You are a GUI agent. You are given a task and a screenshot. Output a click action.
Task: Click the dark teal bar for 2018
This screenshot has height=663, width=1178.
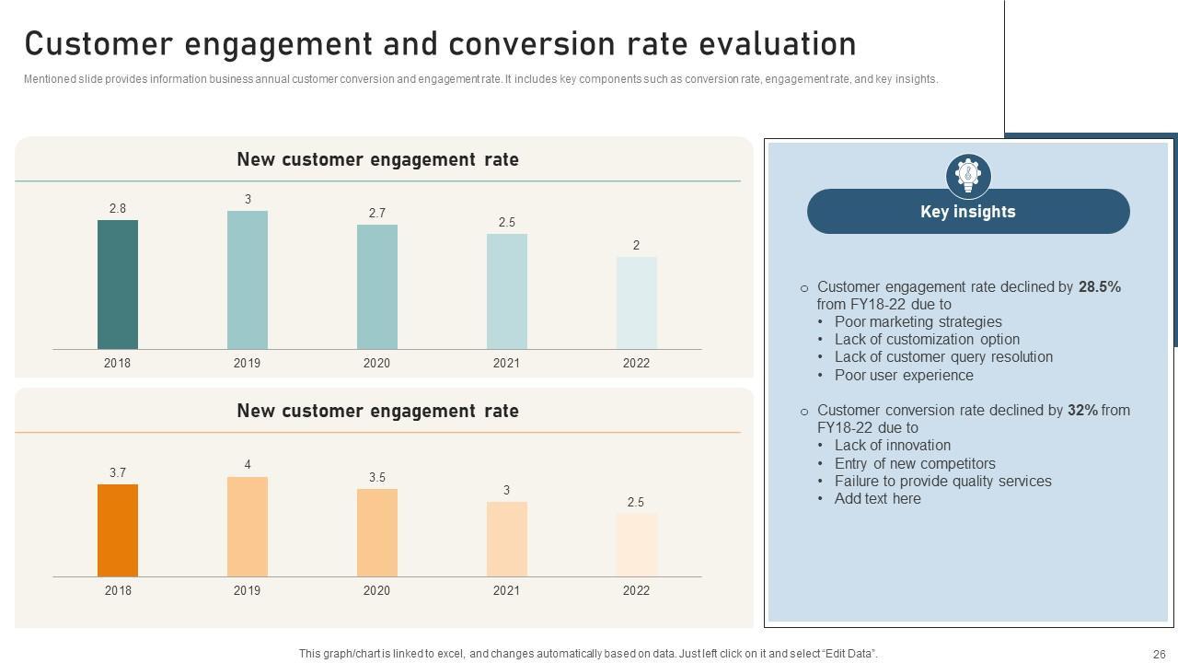click(x=118, y=285)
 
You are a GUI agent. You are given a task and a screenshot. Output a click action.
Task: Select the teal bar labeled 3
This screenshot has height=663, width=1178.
click(x=248, y=280)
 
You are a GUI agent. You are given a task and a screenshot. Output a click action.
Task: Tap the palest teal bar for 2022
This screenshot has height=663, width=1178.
click(x=636, y=303)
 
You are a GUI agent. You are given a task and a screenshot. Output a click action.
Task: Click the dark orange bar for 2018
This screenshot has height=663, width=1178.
click(x=118, y=530)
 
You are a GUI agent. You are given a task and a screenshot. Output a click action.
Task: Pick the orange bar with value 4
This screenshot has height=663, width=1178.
click(x=248, y=527)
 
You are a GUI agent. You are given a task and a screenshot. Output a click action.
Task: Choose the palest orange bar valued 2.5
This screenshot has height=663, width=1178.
click(x=636, y=545)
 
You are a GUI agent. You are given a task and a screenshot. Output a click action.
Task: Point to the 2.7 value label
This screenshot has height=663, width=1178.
click(x=377, y=213)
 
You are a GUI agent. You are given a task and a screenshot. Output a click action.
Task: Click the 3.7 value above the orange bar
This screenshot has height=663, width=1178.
click(x=118, y=472)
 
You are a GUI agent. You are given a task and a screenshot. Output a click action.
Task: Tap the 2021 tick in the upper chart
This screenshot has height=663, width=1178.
click(x=506, y=363)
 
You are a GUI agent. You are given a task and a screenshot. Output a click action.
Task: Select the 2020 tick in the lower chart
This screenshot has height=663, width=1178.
click(x=377, y=590)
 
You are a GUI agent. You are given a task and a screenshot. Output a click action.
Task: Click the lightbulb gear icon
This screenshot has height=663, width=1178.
click(x=968, y=174)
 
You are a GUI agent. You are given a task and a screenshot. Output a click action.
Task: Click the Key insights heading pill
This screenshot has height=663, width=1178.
click(x=968, y=212)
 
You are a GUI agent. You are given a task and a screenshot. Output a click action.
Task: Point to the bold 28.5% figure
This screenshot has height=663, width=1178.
click(x=1100, y=286)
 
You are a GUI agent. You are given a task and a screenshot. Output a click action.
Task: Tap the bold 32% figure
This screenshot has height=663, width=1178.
click(x=1082, y=410)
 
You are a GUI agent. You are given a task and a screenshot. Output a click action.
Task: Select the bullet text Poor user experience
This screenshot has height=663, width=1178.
click(x=904, y=375)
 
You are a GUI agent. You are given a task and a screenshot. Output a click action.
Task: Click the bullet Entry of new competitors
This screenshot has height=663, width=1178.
click(x=915, y=463)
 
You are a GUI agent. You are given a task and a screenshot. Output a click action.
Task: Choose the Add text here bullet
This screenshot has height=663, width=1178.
click(x=877, y=498)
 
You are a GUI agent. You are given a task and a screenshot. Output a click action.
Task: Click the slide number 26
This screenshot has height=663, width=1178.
click(x=1159, y=654)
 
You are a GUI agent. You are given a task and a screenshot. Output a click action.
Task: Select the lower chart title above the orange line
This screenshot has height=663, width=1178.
click(x=377, y=411)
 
